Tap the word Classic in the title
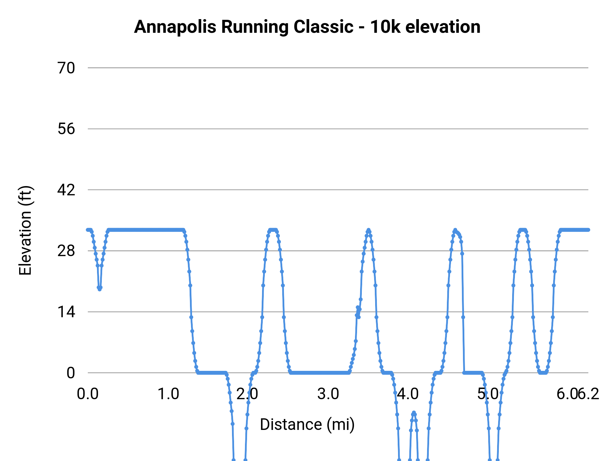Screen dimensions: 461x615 (x=323, y=27)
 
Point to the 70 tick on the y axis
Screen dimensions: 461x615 (x=66, y=68)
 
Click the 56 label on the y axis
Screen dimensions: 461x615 (x=66, y=129)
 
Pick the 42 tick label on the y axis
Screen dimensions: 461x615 (x=66, y=190)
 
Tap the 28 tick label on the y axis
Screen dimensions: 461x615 (x=66, y=251)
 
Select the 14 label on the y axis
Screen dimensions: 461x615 (x=66, y=312)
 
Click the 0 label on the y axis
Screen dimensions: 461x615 (x=71, y=373)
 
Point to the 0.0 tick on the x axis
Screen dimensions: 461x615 (x=88, y=394)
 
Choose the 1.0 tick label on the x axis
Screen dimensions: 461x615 (x=168, y=394)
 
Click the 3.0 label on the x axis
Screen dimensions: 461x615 (x=328, y=394)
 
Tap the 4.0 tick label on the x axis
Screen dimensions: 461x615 (x=408, y=394)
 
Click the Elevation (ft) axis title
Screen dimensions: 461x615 (x=25, y=230)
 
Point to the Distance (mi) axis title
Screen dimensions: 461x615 (x=307, y=424)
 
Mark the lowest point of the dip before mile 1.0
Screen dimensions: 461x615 (x=99, y=289)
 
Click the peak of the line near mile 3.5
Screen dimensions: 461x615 (x=368, y=230)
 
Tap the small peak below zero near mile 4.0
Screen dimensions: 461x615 (x=414, y=413)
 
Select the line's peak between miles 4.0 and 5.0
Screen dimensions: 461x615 (x=455, y=230)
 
